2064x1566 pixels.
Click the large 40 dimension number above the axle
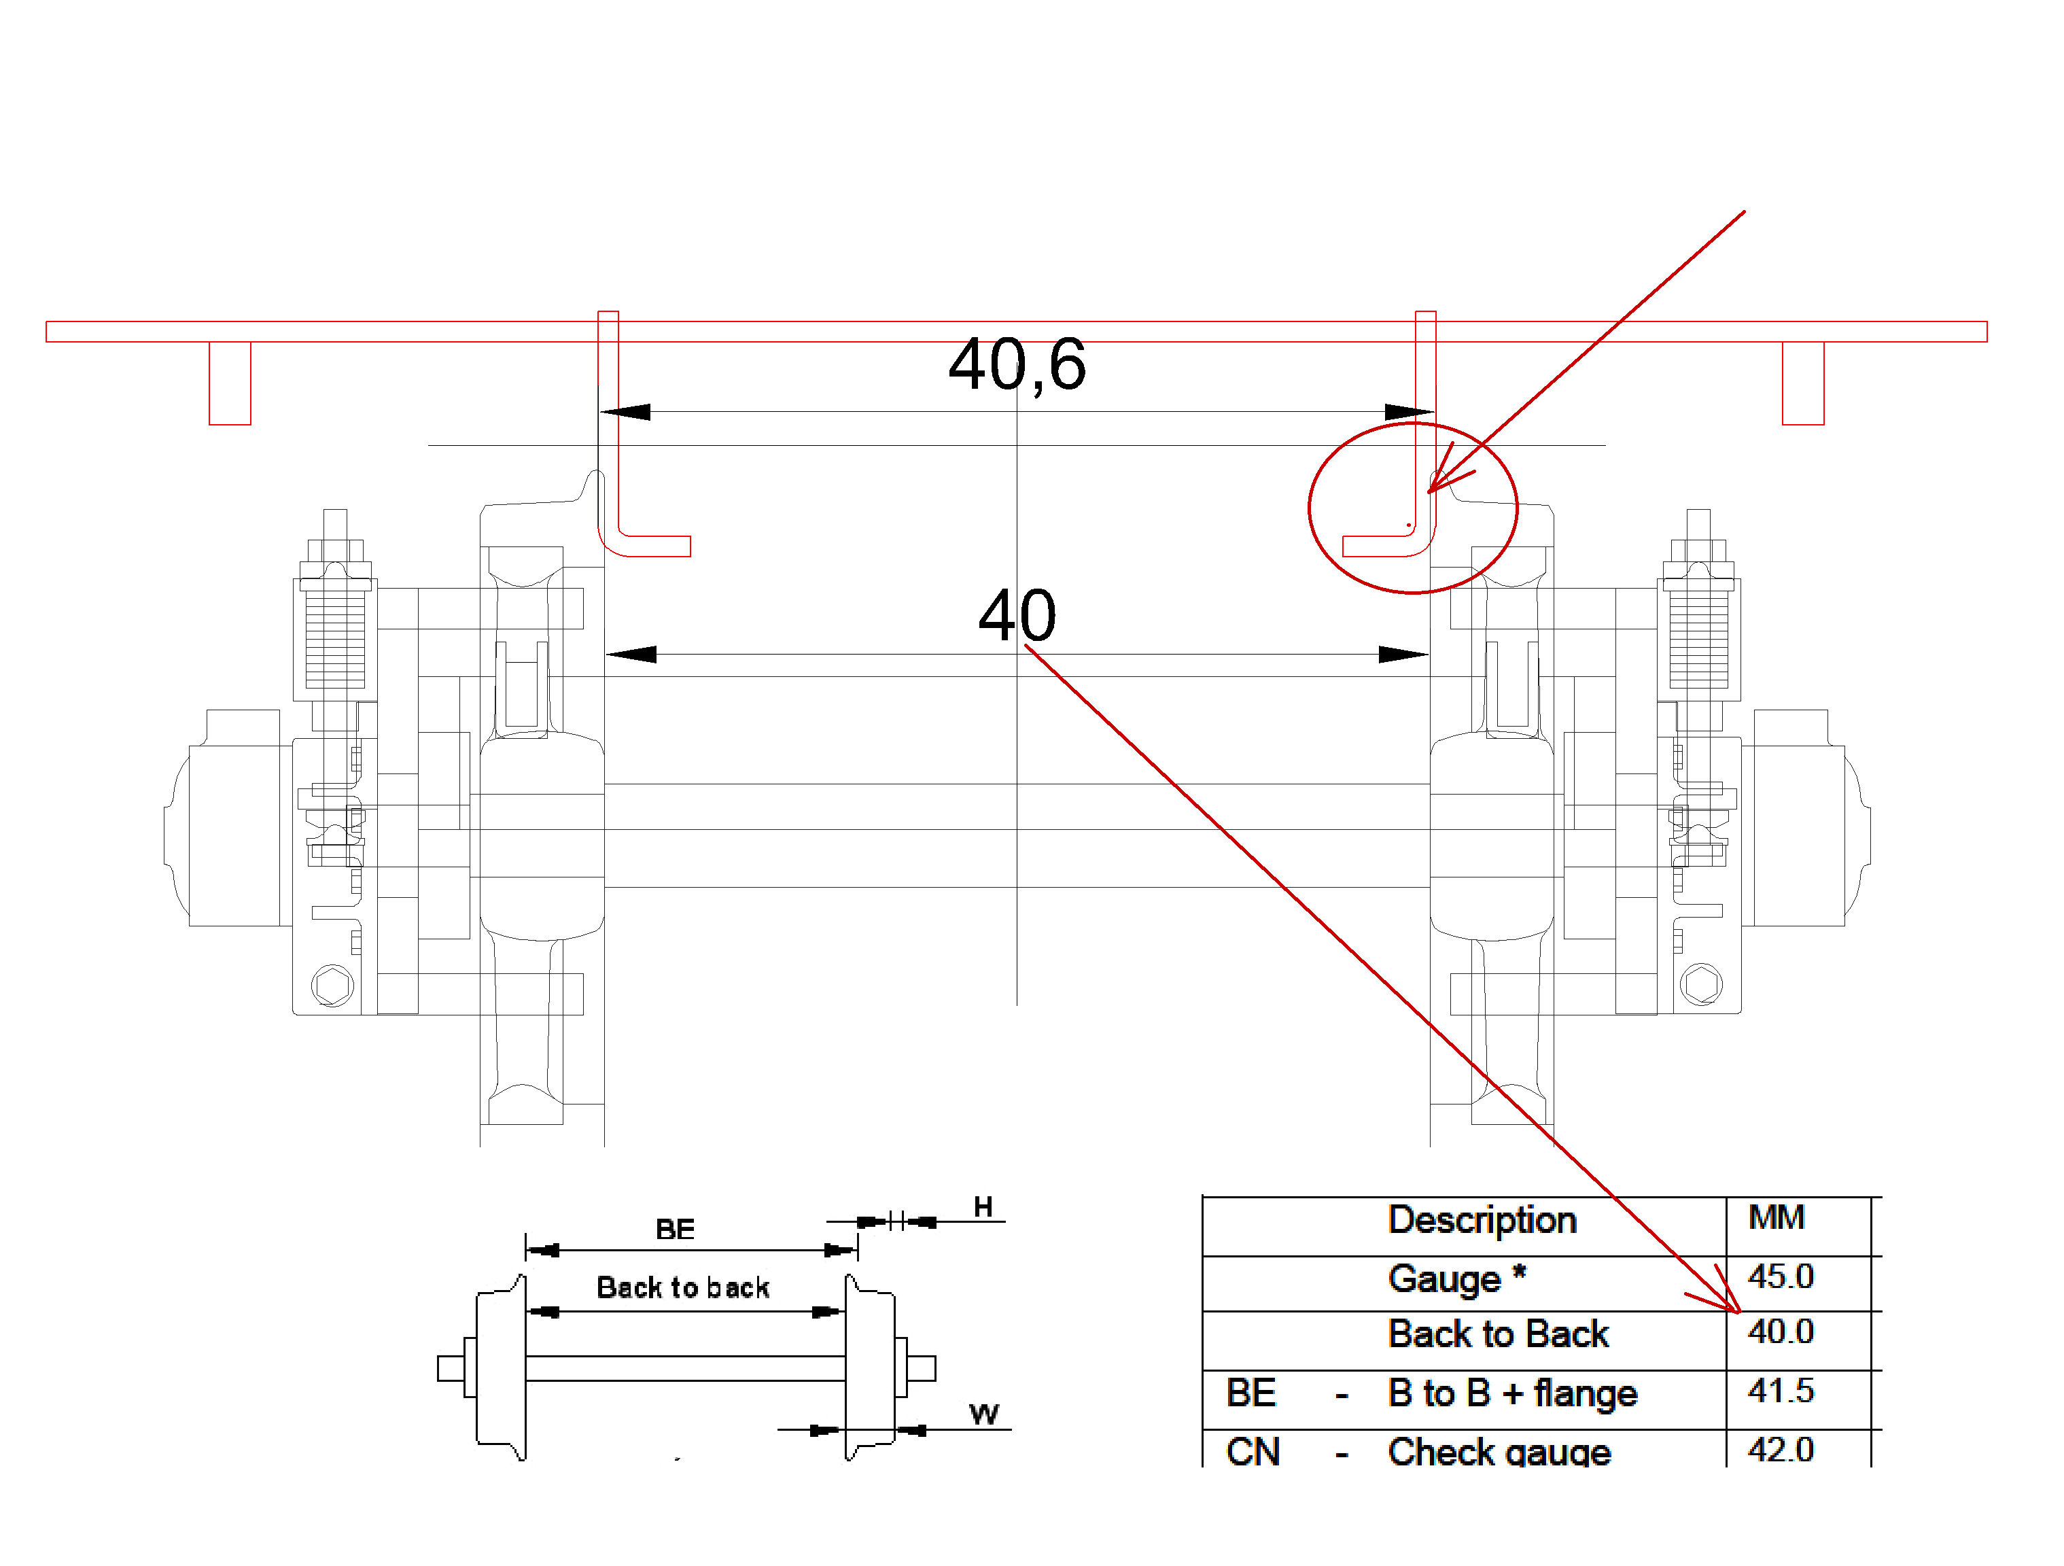tap(1017, 616)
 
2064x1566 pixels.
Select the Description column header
tap(1482, 1221)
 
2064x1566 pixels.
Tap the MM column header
tap(1777, 1218)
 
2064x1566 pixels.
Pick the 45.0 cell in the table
tap(1781, 1276)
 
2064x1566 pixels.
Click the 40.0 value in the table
tap(1781, 1332)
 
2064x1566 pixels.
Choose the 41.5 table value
tap(1781, 1391)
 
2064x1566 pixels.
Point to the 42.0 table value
tap(1781, 1449)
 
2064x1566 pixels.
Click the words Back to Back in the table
tap(1498, 1334)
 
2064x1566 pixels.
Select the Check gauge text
tap(1499, 1452)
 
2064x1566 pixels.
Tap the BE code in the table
tap(1250, 1393)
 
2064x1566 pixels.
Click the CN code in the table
tap(1253, 1452)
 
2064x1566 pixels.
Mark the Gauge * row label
tap(1456, 1278)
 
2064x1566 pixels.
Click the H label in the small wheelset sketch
tap(983, 1208)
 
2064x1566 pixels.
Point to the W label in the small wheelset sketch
tap(983, 1414)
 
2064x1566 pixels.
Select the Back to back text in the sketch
tap(683, 1289)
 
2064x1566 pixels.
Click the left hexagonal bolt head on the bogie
tap(333, 986)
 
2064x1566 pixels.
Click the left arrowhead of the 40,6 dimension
tap(625, 412)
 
